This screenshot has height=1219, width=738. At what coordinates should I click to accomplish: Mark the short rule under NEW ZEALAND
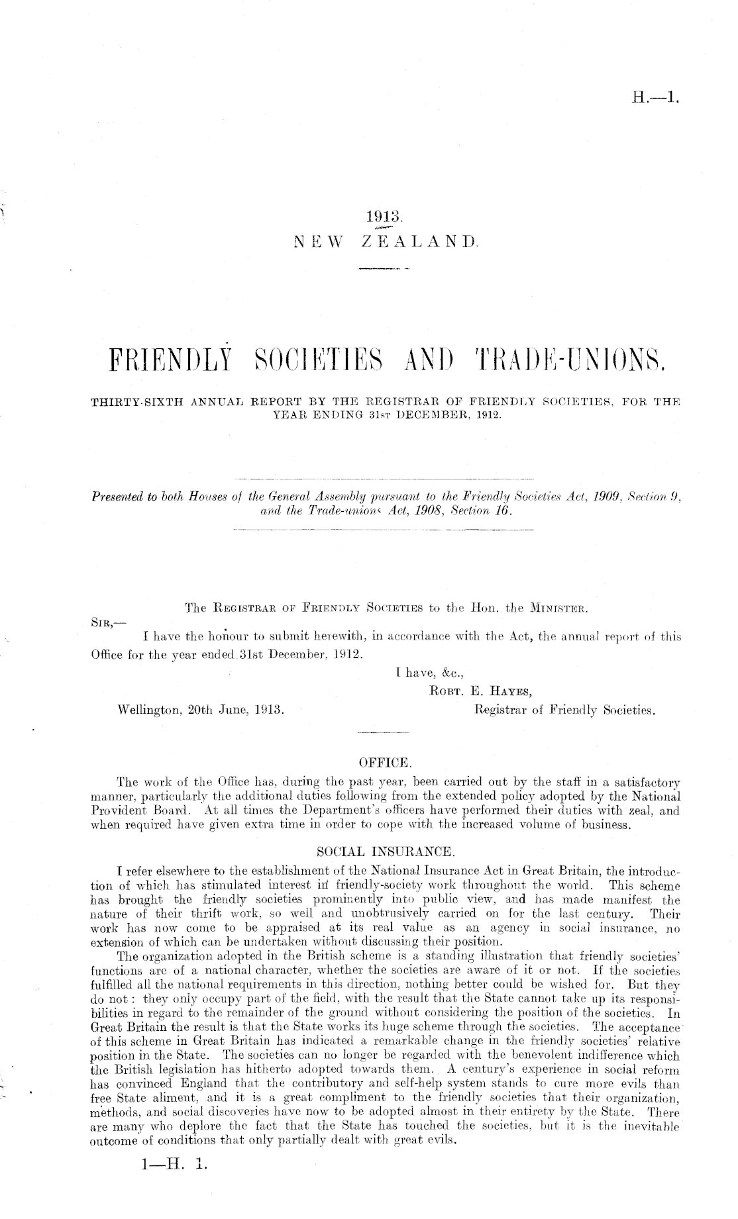click(384, 269)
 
